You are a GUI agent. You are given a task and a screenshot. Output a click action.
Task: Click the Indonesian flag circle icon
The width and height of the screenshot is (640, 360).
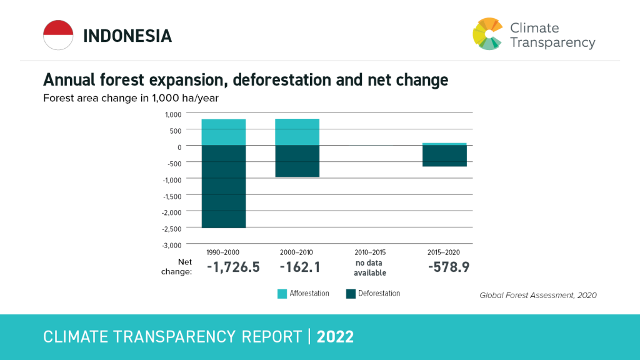[58, 35]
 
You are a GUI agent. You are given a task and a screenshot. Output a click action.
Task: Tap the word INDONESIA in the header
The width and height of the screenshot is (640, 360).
[127, 36]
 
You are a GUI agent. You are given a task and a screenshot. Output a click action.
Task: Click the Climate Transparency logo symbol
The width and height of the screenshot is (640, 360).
[487, 34]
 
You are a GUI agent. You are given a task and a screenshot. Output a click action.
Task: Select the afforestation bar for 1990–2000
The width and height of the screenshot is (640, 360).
[224, 132]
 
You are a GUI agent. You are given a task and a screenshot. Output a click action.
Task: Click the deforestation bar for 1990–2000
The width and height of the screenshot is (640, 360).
[224, 186]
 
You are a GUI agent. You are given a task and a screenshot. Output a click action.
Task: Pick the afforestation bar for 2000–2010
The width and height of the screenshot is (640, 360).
[297, 132]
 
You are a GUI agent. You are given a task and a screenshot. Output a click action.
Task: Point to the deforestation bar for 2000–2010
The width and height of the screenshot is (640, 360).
[297, 161]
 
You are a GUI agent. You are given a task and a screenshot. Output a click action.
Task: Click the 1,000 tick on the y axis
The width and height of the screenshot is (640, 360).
[173, 114]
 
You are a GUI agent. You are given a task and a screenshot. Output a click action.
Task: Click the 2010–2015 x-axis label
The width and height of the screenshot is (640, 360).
[370, 252]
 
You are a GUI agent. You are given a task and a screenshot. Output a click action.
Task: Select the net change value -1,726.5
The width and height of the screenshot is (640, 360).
[232, 267]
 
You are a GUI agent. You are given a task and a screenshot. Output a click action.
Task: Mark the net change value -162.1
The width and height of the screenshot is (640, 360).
[300, 267]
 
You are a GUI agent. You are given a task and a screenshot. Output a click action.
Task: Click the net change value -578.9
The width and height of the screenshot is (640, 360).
[449, 267]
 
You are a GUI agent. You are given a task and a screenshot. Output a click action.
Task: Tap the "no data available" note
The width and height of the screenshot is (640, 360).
[370, 267]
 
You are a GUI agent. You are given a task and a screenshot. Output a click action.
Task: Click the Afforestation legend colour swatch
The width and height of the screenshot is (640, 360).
[282, 294]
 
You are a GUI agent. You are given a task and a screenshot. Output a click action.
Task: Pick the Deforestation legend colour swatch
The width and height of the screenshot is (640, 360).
[351, 294]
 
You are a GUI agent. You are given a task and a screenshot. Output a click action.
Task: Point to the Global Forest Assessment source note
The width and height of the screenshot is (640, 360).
[538, 295]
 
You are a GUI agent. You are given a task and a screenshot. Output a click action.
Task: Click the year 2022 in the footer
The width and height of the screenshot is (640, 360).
[335, 337]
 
